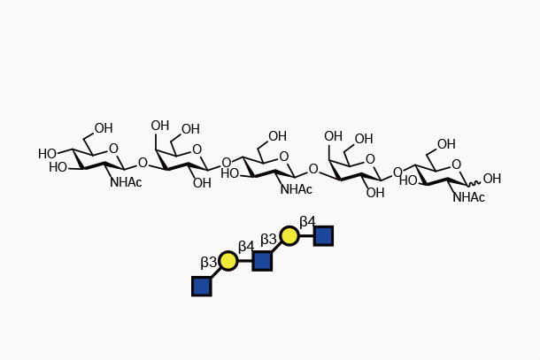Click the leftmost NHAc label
click(x=126, y=183)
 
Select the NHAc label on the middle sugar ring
click(x=296, y=190)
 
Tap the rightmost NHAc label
click(x=468, y=198)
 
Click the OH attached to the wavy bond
click(x=491, y=180)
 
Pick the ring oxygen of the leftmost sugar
click(x=113, y=149)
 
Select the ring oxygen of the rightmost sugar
click(x=456, y=165)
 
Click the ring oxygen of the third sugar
click(x=283, y=157)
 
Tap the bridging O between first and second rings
click(x=143, y=164)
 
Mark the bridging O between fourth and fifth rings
click(x=397, y=173)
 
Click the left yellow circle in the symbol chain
click(x=228, y=261)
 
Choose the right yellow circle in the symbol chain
click(x=289, y=236)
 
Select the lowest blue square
click(x=202, y=286)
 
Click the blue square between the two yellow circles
click(x=262, y=261)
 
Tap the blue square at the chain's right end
click(x=323, y=236)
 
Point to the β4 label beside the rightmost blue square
click(x=307, y=222)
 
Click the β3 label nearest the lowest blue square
click(x=209, y=263)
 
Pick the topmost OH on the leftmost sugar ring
click(x=104, y=129)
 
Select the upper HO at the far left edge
click(x=47, y=155)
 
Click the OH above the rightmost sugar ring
click(x=446, y=145)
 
